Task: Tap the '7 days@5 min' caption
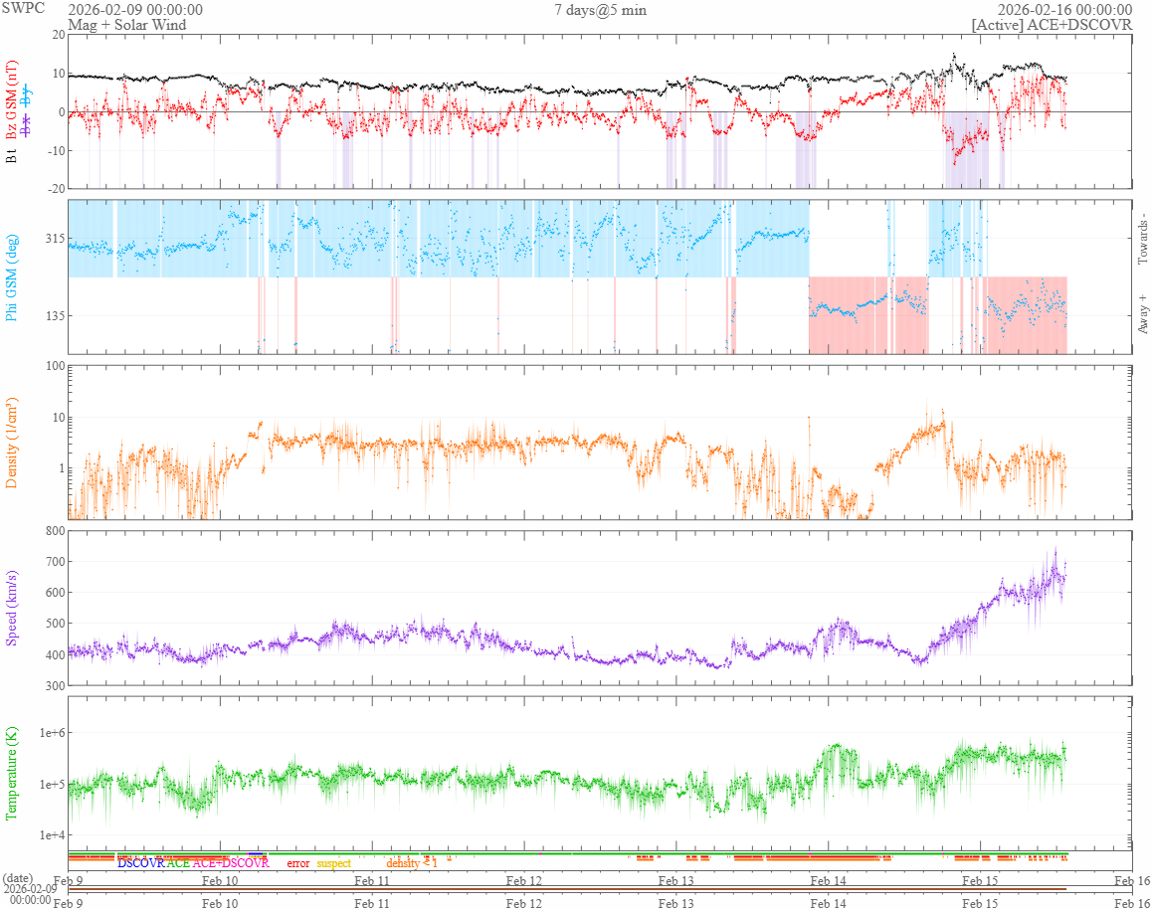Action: pyautogui.click(x=601, y=10)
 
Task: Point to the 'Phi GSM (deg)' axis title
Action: pyautogui.click(x=12, y=276)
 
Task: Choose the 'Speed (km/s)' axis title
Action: pyautogui.click(x=12, y=608)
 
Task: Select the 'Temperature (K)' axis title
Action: pyautogui.click(x=12, y=773)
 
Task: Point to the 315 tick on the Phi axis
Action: pyautogui.click(x=51, y=239)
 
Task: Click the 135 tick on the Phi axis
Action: pyautogui.click(x=51, y=316)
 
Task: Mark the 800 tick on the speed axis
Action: pyautogui.click(x=51, y=531)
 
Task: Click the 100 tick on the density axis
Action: pyautogui.click(x=51, y=366)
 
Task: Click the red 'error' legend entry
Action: pyautogui.click(x=298, y=863)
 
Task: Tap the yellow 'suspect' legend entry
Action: pyautogui.click(x=333, y=863)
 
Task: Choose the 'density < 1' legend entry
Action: pyautogui.click(x=412, y=863)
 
